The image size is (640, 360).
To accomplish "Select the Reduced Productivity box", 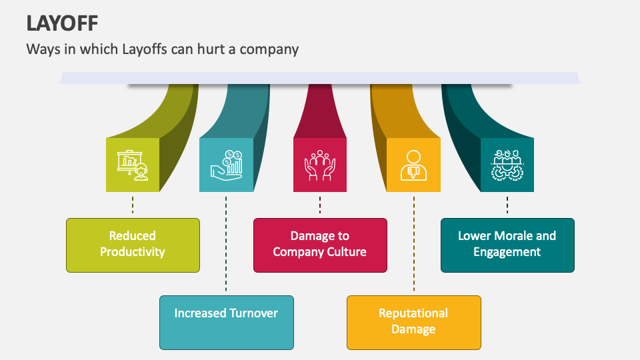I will click(x=133, y=244).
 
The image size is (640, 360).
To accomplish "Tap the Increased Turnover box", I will click(x=226, y=322).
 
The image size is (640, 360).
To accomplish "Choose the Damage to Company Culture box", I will click(x=319, y=244).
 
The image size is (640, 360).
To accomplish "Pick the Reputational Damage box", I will click(x=413, y=321).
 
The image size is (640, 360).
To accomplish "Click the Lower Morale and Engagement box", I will click(x=507, y=244).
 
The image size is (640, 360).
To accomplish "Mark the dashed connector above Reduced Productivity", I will click(x=133, y=205).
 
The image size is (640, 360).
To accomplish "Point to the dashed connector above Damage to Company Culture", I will click(x=320, y=205).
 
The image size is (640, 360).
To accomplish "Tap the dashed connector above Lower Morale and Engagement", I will click(x=507, y=205).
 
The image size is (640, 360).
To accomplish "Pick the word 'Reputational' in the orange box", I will click(x=413, y=313).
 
